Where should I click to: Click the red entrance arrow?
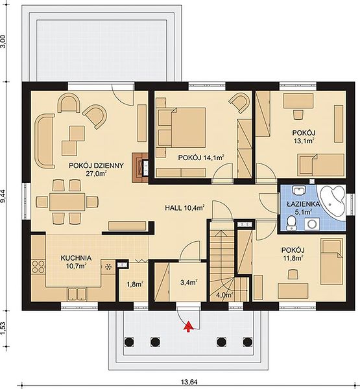pos(189,327)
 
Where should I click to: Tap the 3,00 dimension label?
pos(5,43)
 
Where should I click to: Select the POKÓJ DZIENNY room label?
pos(96,165)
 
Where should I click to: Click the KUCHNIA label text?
pos(76,258)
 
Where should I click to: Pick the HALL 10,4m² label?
pos(185,208)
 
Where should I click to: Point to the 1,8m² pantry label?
pos(134,285)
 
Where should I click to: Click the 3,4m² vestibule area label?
pos(189,282)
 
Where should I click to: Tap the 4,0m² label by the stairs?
pos(224,295)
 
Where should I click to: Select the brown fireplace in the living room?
pos(140,167)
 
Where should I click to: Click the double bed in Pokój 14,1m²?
pos(182,127)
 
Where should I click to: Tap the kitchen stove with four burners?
pos(38,266)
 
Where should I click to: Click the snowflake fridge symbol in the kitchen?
pos(108,267)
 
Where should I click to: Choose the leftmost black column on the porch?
pos(129,342)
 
